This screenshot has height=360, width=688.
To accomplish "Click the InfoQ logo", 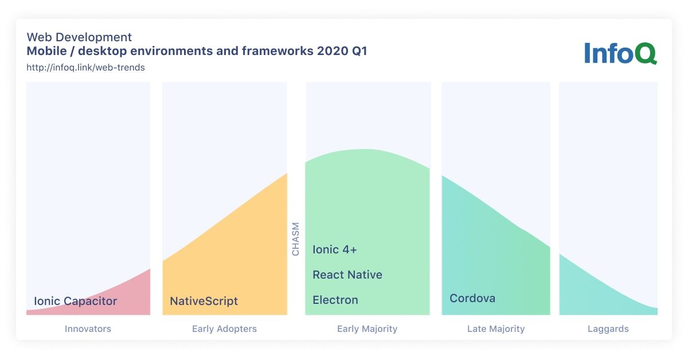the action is point(620,53).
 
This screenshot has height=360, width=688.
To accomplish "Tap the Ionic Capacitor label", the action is point(76,301).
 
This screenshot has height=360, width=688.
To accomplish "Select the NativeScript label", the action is point(204,301).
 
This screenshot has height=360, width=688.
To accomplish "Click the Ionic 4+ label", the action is point(335,249).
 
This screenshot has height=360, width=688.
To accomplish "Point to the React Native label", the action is point(347,275).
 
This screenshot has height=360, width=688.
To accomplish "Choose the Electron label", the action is point(335,300).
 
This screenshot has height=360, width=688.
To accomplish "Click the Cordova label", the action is point(472,298).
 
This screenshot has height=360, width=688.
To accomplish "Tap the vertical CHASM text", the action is point(295,239).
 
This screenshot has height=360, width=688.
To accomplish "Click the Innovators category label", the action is point(88,328).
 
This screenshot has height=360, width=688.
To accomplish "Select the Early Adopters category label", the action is point(225,329).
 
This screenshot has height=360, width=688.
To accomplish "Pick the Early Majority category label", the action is point(368,329).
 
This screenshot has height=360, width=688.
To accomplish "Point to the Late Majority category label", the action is point(496,329).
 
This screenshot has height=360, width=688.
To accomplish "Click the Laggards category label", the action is point(608,329).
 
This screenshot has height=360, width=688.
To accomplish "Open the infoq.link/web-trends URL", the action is point(85,67).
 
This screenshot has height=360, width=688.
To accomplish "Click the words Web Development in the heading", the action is point(79,37).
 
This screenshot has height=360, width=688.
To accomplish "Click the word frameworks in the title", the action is point(277,51).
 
